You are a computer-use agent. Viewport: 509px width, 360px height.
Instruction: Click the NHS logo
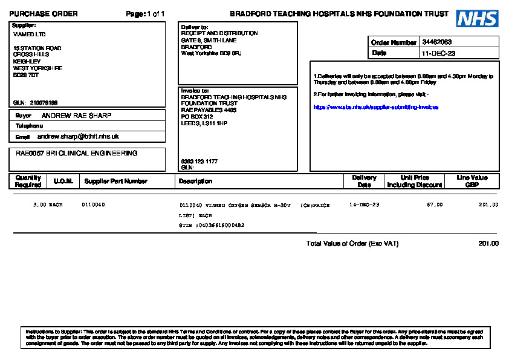(x=477, y=19)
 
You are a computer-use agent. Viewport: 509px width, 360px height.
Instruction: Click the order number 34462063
(x=437, y=42)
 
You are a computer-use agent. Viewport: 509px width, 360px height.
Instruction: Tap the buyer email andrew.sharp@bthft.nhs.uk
(x=82, y=137)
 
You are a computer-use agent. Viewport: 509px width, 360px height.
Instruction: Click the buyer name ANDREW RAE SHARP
(x=76, y=116)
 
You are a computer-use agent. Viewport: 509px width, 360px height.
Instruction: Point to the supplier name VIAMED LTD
(x=29, y=34)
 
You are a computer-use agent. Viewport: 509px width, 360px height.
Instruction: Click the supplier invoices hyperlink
(x=375, y=107)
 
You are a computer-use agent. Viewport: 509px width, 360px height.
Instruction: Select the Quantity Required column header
(x=28, y=182)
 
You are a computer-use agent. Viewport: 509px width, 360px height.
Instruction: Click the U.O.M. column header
(x=63, y=182)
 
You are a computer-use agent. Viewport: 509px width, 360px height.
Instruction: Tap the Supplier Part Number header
(x=115, y=182)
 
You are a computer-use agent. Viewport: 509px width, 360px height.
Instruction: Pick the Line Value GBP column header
(x=472, y=182)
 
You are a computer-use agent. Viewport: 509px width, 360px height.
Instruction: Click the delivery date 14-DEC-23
(x=365, y=205)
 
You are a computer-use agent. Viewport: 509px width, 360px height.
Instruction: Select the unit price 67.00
(x=435, y=205)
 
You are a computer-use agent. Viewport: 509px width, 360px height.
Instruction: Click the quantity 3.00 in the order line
(x=39, y=205)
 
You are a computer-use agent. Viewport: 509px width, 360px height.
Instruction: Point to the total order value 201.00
(x=488, y=244)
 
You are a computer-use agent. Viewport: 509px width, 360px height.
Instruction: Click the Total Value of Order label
(x=352, y=244)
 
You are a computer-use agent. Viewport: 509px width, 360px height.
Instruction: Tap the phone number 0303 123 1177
(x=199, y=162)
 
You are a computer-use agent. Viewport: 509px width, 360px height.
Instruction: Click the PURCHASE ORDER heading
(x=44, y=14)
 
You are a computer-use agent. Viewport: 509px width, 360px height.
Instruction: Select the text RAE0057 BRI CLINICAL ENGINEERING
(x=77, y=154)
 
